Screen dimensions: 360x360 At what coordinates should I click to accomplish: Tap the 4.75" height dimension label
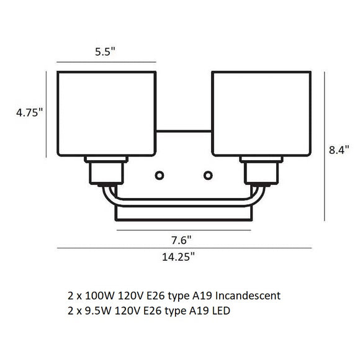pos(29,112)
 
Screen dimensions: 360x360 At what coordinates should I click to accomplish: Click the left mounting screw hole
pos(161,174)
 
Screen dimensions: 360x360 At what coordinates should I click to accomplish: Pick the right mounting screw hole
pos(208,174)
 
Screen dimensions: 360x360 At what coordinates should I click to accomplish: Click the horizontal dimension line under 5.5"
pos(106,62)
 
